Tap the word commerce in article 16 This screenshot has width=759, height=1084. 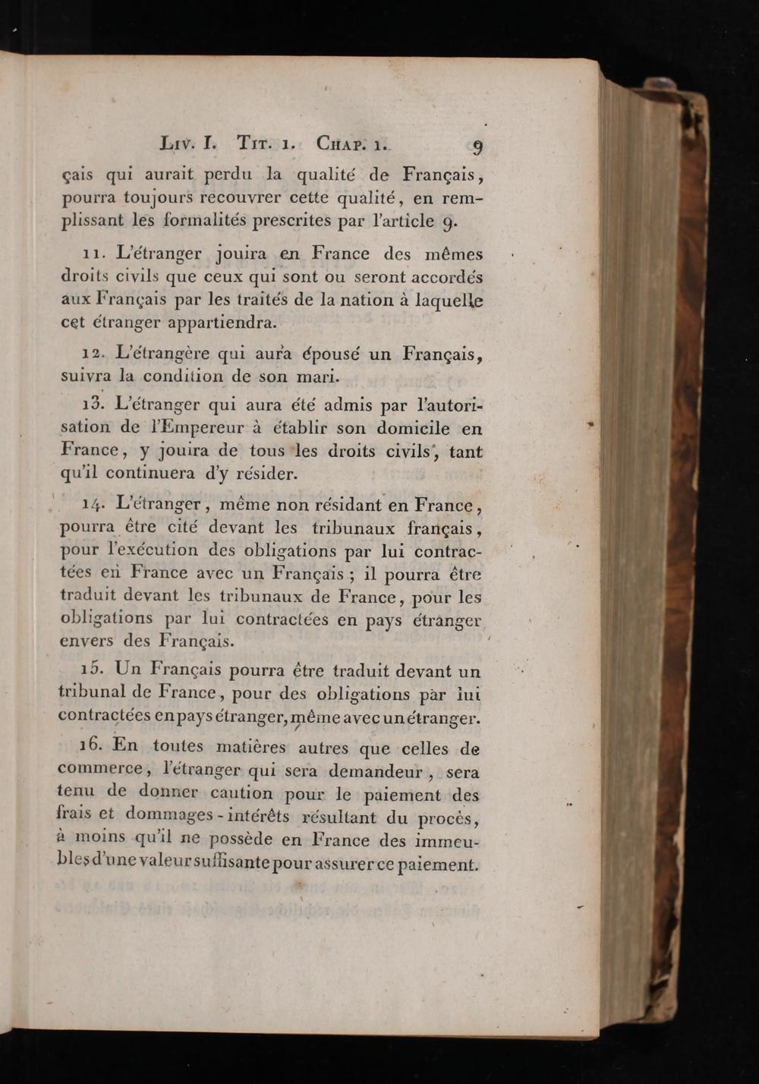click(100, 769)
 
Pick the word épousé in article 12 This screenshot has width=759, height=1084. click(338, 353)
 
